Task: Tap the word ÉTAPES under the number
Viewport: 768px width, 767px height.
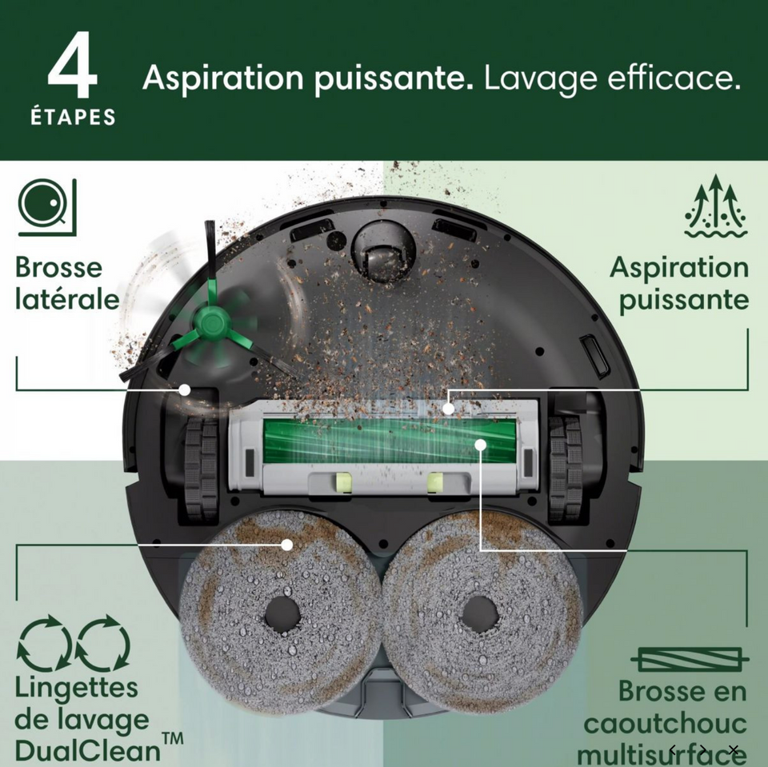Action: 73,118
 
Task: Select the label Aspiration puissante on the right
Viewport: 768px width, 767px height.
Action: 680,283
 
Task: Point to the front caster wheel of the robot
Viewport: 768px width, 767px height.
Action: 381,250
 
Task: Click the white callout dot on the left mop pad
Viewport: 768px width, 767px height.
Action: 287,544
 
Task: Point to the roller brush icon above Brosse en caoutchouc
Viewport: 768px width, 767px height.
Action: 690,660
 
